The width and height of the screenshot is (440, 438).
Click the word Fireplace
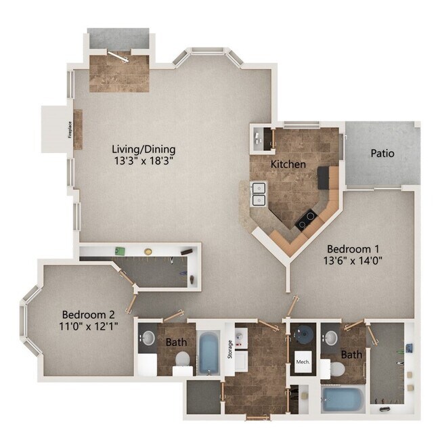tap(70, 129)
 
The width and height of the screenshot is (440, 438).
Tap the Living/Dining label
tap(144, 149)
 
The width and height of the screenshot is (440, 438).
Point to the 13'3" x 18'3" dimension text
tap(144, 161)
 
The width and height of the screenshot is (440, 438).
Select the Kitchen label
tap(288, 164)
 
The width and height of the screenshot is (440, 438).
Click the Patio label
tap(382, 154)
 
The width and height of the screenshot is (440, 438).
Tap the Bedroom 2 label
tap(88, 315)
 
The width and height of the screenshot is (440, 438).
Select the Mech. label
tap(302, 362)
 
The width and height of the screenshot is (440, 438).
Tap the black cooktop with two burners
tap(307, 219)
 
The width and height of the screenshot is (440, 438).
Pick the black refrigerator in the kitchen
tap(328, 177)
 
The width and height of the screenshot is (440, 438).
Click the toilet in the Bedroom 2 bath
tap(181, 370)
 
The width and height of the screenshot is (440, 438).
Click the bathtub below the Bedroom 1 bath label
tap(342, 399)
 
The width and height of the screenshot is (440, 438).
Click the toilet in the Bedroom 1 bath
tap(336, 370)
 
